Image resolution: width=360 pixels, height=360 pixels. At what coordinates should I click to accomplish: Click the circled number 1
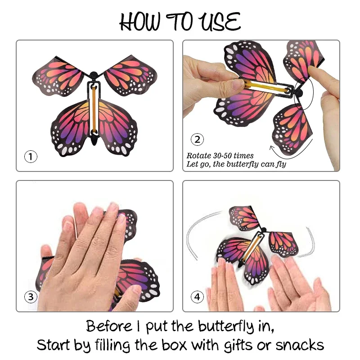click(x=30, y=157)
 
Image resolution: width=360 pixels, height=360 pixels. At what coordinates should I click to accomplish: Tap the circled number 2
click(x=197, y=139)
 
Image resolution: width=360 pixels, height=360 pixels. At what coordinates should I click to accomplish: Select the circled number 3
click(x=30, y=297)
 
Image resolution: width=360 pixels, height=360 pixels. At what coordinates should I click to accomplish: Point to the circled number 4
click(x=197, y=297)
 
